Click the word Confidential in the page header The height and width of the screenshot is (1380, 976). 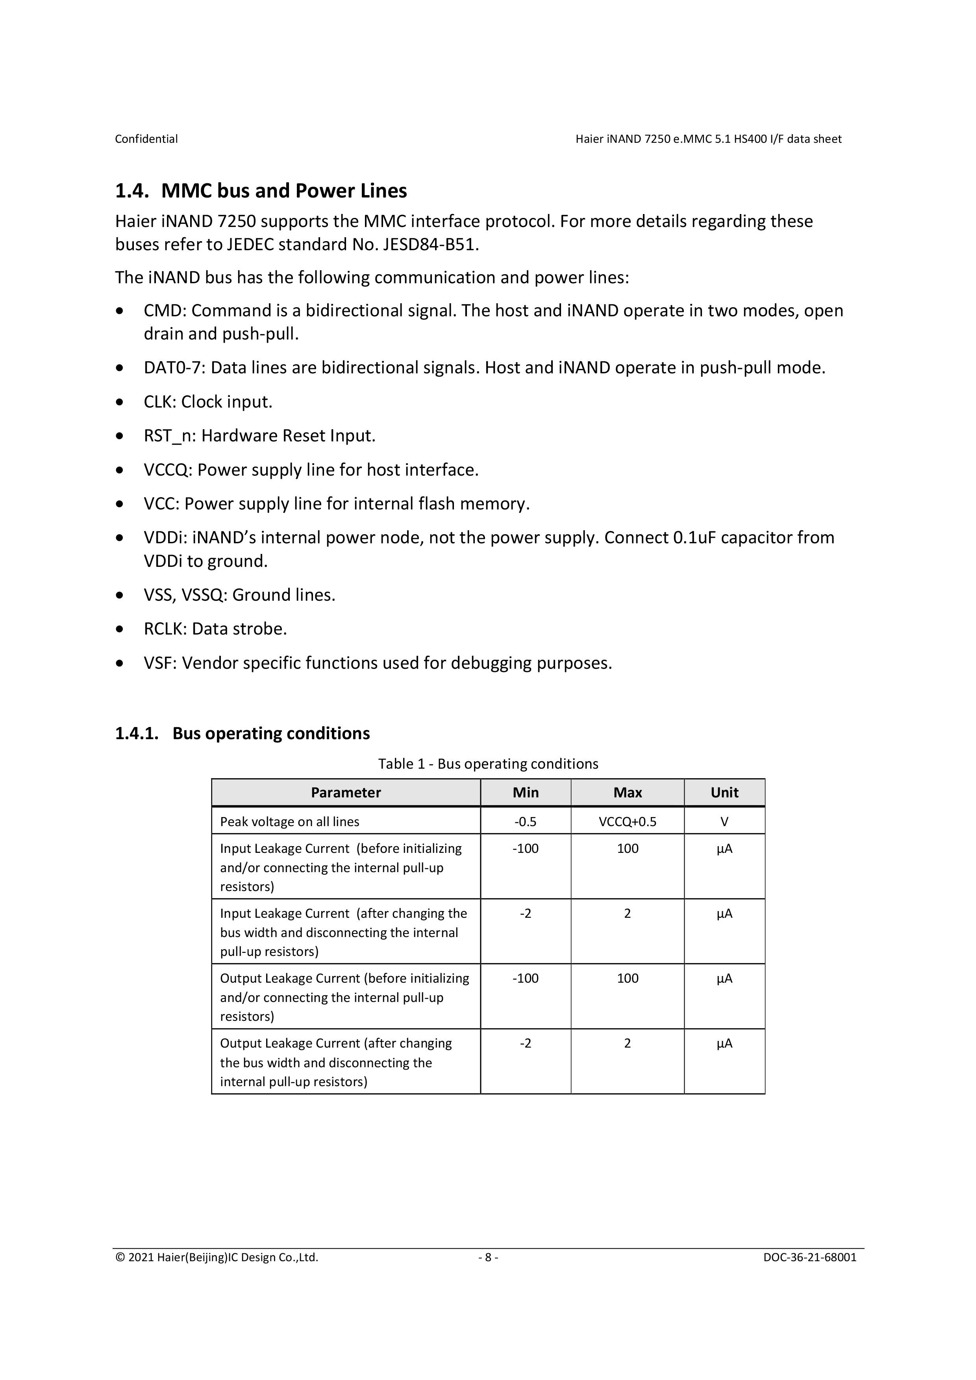[x=146, y=139]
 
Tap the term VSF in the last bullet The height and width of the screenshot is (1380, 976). [x=158, y=662]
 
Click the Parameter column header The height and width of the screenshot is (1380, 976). [x=346, y=792]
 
